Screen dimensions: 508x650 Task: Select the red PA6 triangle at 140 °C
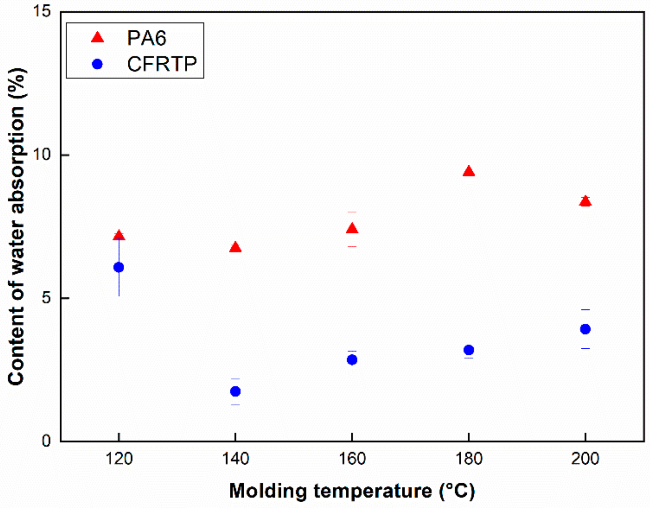(x=235, y=248)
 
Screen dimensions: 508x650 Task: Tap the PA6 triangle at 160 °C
(x=352, y=229)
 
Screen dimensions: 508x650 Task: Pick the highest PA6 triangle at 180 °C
(x=469, y=172)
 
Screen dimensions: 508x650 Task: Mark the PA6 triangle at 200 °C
(x=585, y=201)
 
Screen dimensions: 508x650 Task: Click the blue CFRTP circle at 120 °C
(x=119, y=267)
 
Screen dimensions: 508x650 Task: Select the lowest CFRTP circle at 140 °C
(x=235, y=391)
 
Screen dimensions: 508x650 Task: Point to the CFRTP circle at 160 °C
(x=352, y=360)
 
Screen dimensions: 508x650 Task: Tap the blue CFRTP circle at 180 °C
(x=469, y=350)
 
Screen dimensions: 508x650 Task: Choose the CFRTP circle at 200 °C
(x=585, y=329)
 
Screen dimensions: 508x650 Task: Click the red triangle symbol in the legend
(x=98, y=37)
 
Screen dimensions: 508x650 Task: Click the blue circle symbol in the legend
(x=97, y=64)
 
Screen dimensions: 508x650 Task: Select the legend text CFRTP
(x=162, y=64)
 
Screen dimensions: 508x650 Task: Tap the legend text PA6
(x=146, y=38)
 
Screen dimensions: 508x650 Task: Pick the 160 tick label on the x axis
(x=352, y=459)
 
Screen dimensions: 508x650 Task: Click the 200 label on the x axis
(x=585, y=459)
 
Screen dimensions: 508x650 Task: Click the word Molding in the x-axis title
(x=268, y=491)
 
